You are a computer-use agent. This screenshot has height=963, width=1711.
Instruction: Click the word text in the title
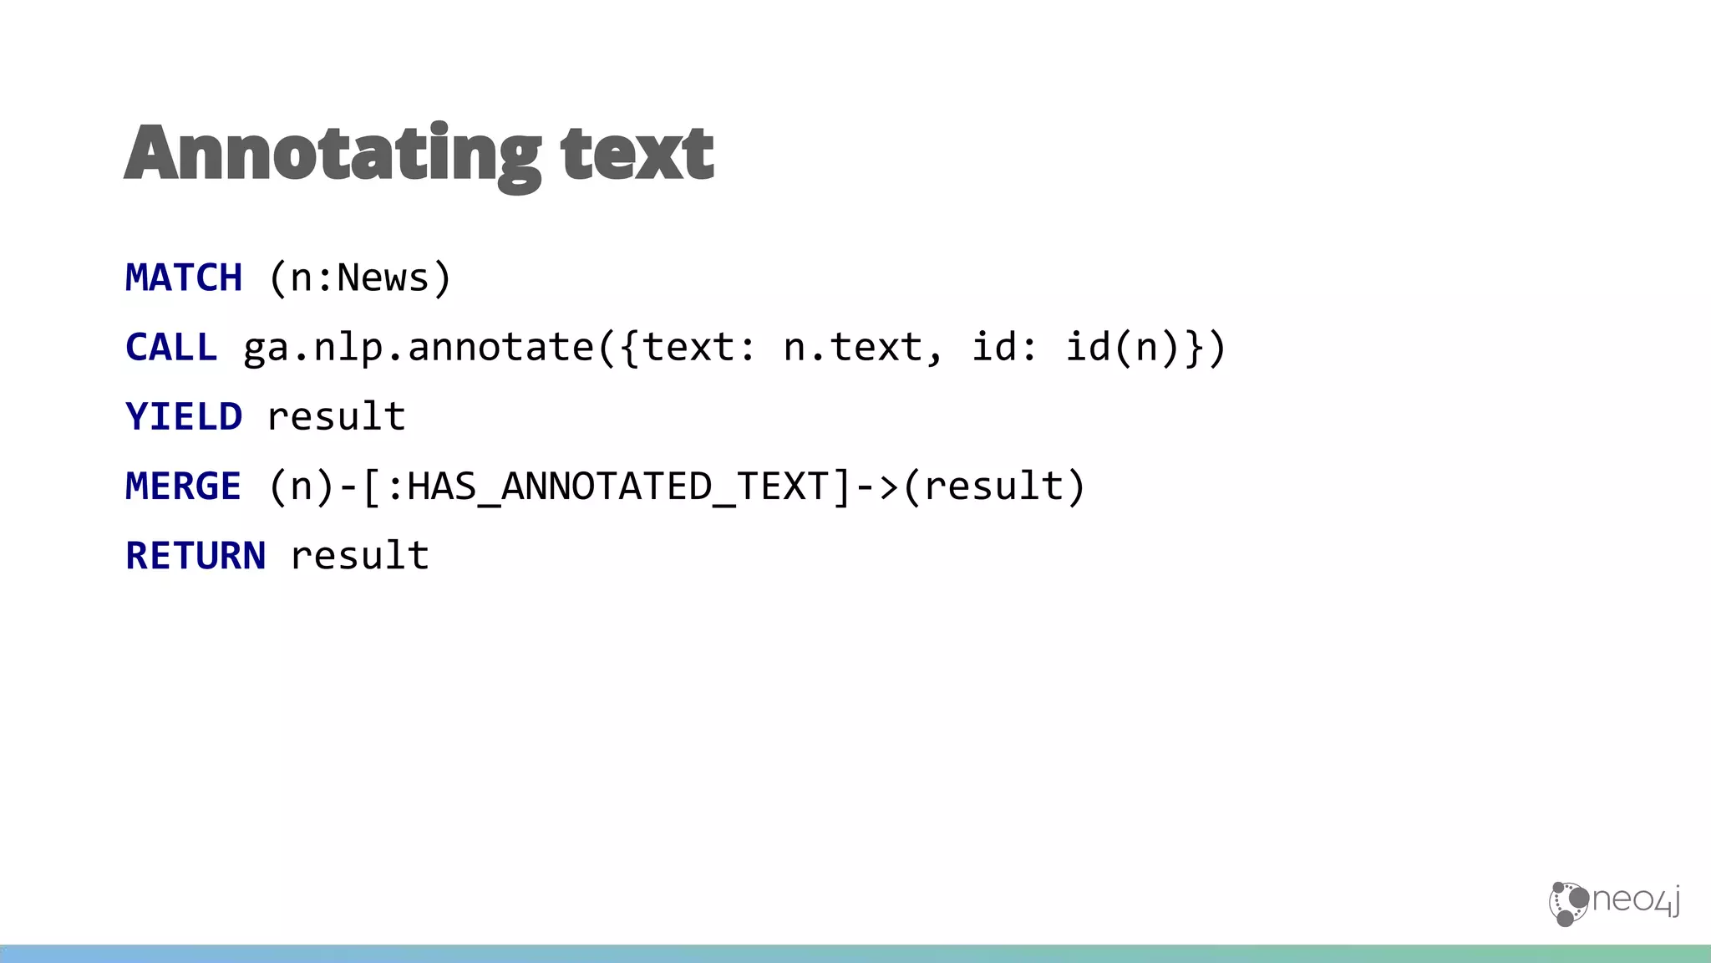click(x=637, y=154)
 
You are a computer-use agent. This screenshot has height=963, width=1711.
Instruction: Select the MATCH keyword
click(x=184, y=278)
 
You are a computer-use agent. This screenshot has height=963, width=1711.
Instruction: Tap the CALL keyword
click(x=171, y=347)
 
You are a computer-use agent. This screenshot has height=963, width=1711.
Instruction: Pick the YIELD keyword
click(x=184, y=416)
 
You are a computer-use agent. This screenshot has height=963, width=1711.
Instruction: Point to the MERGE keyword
click(x=184, y=486)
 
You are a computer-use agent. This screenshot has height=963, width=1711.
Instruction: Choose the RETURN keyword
click(x=195, y=555)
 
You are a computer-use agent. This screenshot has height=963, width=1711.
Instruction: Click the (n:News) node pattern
click(x=360, y=278)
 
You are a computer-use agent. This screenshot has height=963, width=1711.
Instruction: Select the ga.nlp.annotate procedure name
click(x=418, y=347)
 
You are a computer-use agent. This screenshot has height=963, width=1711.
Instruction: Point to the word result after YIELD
click(x=336, y=416)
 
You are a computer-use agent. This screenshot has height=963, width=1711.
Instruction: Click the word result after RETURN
click(x=359, y=555)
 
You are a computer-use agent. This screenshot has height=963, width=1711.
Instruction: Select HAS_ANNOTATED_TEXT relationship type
click(x=617, y=486)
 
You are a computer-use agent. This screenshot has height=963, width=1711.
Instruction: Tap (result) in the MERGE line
click(x=994, y=486)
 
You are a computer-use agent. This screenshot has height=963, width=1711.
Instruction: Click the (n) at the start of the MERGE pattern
click(x=302, y=486)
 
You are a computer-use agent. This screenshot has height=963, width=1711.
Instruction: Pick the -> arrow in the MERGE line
click(x=877, y=486)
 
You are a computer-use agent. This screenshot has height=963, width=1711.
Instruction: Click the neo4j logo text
click(x=1636, y=900)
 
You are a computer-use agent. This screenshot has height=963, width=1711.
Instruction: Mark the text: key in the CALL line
click(x=698, y=347)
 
